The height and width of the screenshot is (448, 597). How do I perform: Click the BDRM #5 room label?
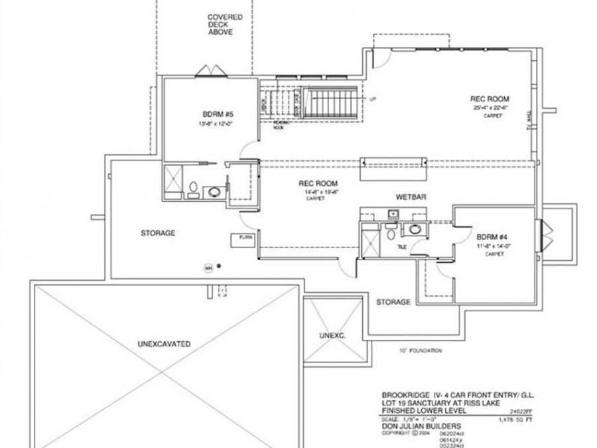coord(212,113)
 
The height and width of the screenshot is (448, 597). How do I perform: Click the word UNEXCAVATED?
coord(165,344)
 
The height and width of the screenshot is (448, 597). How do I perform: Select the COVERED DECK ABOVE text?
coord(225,25)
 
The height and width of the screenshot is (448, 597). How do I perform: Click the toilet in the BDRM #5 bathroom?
coord(192,189)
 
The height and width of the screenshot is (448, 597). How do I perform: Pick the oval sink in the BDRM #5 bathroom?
coord(215,192)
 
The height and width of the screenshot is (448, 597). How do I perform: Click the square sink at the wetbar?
coord(393,214)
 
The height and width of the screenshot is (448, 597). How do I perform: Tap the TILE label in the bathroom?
coord(402,246)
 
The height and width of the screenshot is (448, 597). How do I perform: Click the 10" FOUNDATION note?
coord(421,350)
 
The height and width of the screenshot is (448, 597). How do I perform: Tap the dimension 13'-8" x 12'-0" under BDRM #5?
coord(212,124)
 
